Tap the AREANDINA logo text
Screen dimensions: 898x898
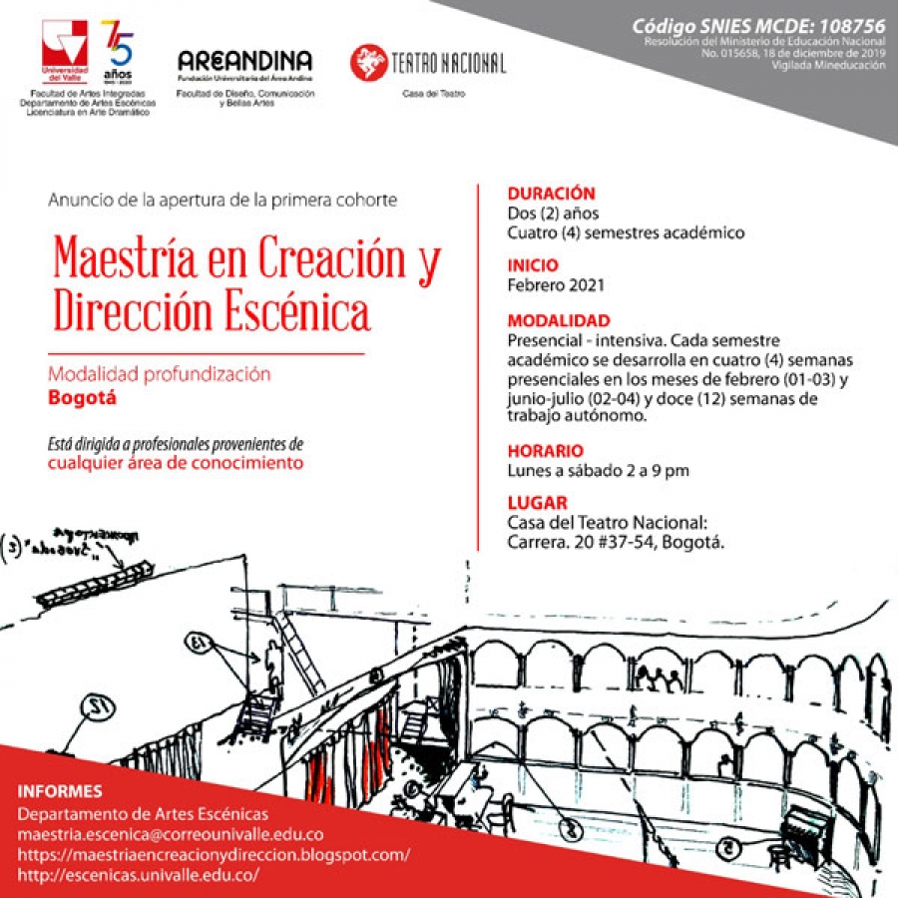244,61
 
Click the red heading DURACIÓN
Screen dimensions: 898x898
551,194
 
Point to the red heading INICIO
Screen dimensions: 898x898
533,265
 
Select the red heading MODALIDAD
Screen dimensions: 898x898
558,321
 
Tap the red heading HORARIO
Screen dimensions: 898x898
545,451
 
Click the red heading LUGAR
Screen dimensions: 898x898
537,504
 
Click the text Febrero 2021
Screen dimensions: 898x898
555,284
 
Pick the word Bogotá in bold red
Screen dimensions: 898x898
83,397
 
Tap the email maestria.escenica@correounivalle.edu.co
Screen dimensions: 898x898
171,834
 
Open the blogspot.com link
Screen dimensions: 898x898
214,855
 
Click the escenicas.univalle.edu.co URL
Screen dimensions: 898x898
139,875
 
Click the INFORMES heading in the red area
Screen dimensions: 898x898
60,791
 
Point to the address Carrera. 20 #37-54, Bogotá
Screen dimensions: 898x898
615,542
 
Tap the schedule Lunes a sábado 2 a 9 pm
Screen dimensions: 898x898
598,470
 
